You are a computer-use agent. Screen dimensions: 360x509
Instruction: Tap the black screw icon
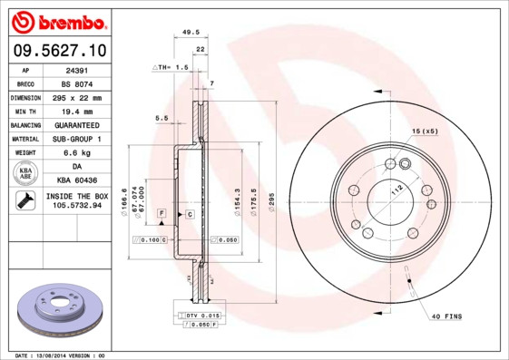coord(25,201)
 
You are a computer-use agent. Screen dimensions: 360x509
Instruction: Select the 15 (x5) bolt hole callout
coord(425,132)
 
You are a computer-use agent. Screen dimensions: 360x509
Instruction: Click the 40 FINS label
coord(447,316)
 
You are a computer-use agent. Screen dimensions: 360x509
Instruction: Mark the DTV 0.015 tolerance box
coord(201,314)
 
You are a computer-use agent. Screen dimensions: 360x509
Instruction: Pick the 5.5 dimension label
coord(162,118)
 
